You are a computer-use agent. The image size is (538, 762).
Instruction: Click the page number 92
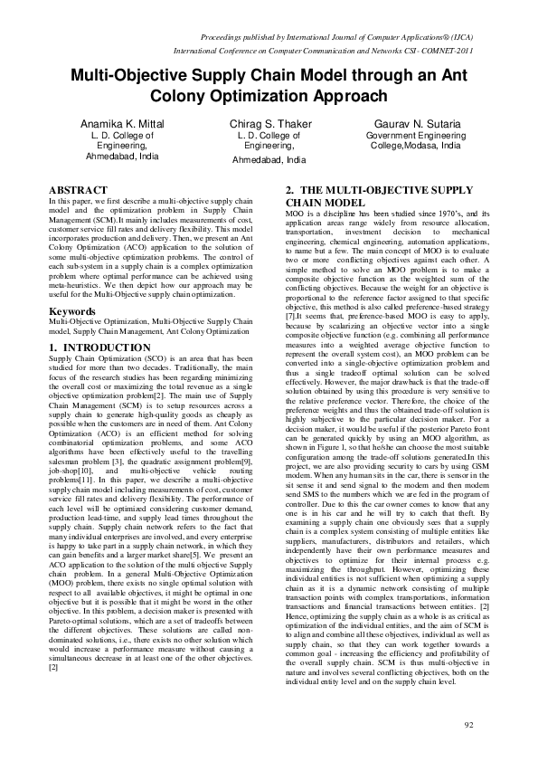pos(467,725)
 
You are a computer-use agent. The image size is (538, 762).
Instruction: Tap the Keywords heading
pos(71,311)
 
